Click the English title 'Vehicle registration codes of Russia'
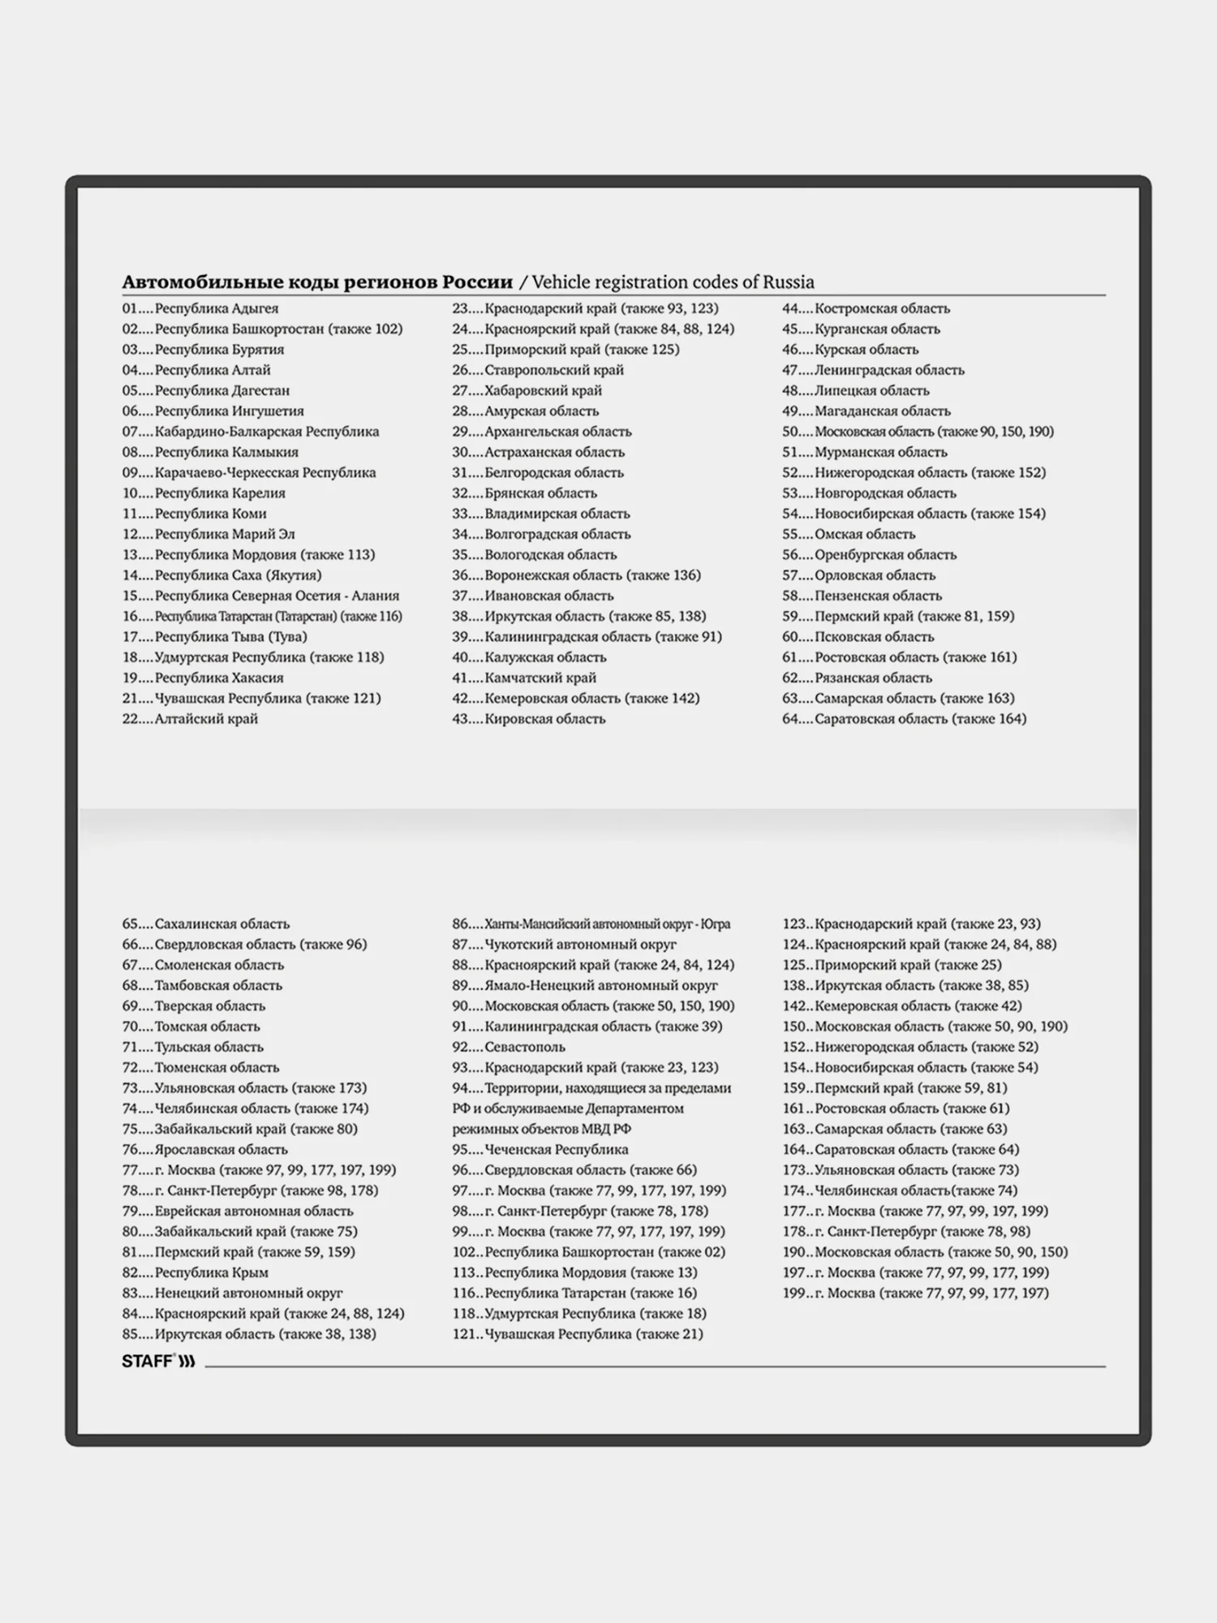click(x=673, y=282)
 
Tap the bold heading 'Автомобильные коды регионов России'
click(x=317, y=282)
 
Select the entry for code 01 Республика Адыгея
click(x=200, y=308)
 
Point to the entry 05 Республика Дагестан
click(x=206, y=390)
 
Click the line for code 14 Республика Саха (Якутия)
click(x=221, y=575)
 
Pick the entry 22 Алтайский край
click(x=190, y=718)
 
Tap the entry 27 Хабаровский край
click(x=527, y=390)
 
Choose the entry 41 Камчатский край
click(x=524, y=678)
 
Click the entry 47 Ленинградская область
click(x=873, y=370)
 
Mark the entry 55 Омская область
click(x=849, y=534)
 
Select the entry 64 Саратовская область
click(x=904, y=718)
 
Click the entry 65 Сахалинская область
click(x=206, y=923)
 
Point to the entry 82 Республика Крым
click(x=196, y=1272)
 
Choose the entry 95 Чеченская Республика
click(x=540, y=1149)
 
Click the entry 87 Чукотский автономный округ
click(x=564, y=944)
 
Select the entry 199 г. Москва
click(x=915, y=1293)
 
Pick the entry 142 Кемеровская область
click(x=901, y=1005)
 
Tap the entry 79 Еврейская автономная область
click(x=238, y=1211)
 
